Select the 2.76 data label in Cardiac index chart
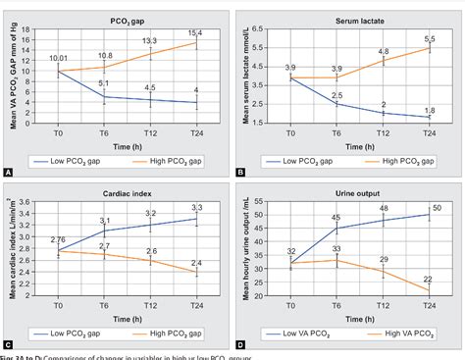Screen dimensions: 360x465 coord(56,240)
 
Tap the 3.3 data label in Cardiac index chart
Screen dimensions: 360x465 coord(195,208)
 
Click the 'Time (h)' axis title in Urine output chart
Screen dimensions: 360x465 coord(352,310)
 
